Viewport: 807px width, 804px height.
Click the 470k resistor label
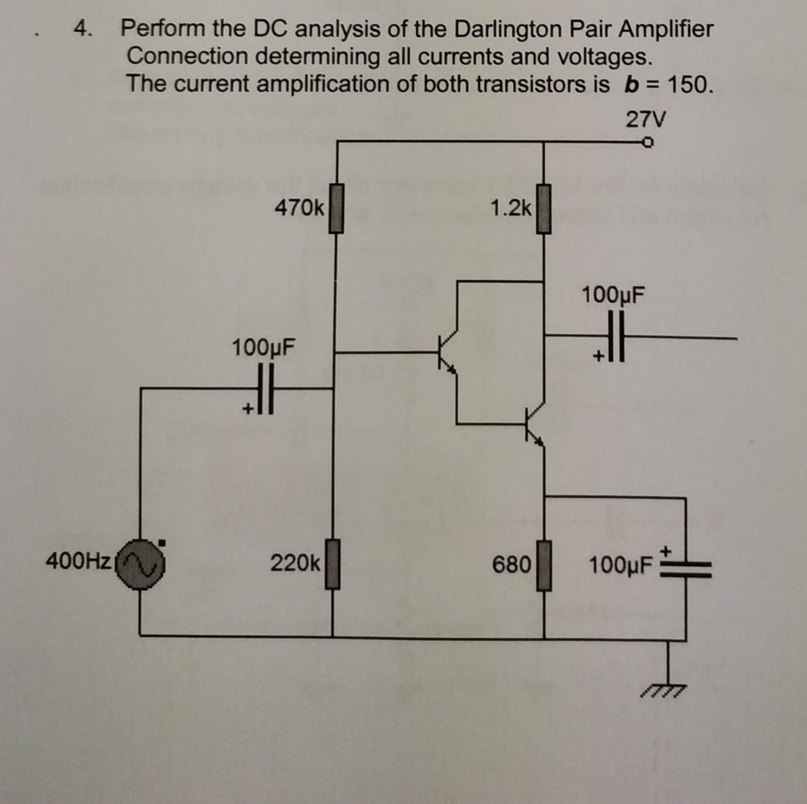[x=299, y=208]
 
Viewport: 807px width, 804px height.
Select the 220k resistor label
[x=295, y=563]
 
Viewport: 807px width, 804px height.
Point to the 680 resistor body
[x=543, y=566]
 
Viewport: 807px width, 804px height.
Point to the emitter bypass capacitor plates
[x=686, y=569]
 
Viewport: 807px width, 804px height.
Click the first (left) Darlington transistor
[x=447, y=351]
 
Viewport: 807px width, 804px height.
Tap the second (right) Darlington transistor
[x=534, y=424]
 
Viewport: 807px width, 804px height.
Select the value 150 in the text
[x=686, y=83]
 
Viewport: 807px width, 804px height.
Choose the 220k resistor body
[x=332, y=566]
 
